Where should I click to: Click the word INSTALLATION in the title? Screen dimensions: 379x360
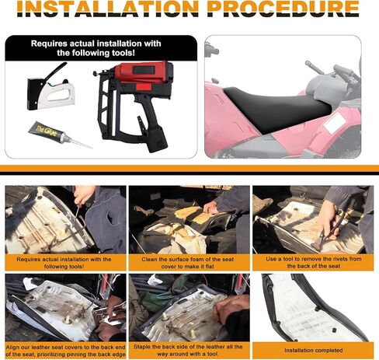(x=108, y=9)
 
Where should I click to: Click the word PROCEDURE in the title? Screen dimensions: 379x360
(x=283, y=9)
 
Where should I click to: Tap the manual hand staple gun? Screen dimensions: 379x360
(x=50, y=87)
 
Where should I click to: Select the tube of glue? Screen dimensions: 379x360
(x=60, y=134)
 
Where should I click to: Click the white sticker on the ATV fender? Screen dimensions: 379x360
(x=334, y=124)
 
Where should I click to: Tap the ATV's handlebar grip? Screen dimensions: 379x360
(x=314, y=67)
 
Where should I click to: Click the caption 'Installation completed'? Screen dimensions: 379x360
(x=313, y=351)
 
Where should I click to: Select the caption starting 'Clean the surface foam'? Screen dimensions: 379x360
(x=188, y=263)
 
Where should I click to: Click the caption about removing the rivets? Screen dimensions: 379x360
(x=314, y=262)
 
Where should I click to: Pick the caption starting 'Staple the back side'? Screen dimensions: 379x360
(x=188, y=350)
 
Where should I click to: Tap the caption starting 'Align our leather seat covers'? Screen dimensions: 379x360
(x=65, y=351)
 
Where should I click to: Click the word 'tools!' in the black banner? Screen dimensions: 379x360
(x=122, y=53)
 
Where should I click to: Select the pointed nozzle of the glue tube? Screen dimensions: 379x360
(x=79, y=143)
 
